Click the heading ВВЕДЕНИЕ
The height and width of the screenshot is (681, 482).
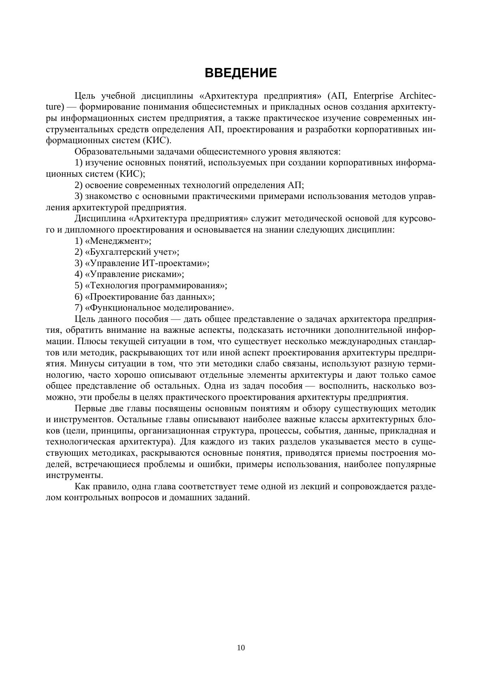[241, 73]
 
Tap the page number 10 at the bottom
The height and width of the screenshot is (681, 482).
[241, 648]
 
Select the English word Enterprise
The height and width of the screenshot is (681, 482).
[373, 96]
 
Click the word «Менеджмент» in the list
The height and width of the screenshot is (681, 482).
[118, 241]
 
